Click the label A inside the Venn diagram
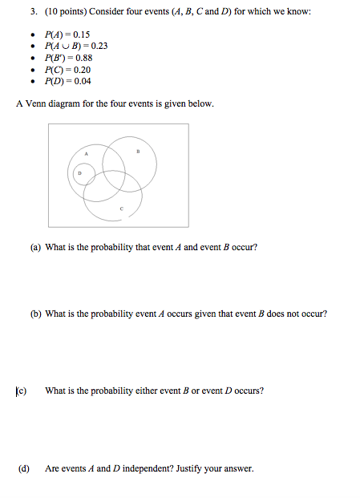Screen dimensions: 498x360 87,153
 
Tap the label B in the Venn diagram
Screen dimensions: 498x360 138,150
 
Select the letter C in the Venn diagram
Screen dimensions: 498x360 121,210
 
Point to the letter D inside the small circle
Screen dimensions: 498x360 79,172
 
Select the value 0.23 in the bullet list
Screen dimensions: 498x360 98,46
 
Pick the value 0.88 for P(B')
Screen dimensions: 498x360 82,58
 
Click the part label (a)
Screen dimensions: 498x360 35,247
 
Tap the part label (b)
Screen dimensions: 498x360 35,314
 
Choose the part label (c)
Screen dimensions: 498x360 21,391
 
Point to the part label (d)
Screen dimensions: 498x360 24,468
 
